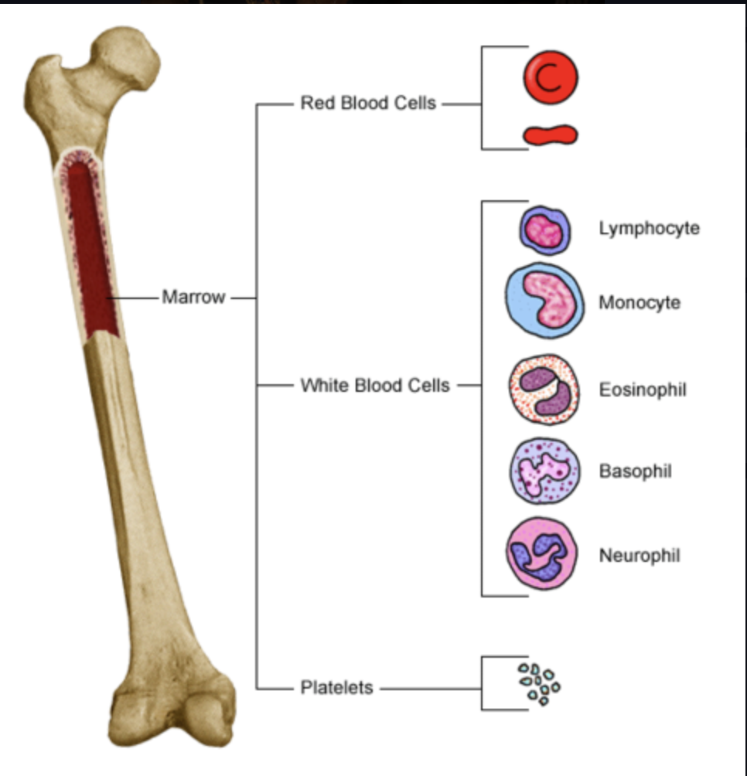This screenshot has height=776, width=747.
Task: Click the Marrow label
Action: tap(193, 297)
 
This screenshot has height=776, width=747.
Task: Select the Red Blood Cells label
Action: tap(368, 103)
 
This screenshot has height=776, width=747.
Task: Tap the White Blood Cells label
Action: tap(375, 385)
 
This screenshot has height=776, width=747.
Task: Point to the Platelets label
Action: tap(336, 687)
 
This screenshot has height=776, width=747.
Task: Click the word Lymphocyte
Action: tap(649, 229)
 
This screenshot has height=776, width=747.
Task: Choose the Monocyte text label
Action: tap(640, 302)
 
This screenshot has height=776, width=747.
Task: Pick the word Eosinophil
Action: tap(643, 390)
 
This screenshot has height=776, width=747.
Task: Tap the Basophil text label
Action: tap(636, 471)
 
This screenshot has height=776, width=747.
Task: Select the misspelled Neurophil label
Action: tap(640, 555)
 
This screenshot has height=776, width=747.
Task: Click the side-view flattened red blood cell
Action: tap(550, 135)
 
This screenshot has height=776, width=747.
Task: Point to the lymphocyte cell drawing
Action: tap(545, 230)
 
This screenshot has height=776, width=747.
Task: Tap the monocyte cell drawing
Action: tap(544, 300)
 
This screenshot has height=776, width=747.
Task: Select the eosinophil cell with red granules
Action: tap(544, 390)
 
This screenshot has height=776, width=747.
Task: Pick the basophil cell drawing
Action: tap(544, 471)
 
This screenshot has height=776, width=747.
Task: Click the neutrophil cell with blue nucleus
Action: tap(544, 553)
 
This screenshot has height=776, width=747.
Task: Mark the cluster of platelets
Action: tap(539, 683)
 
